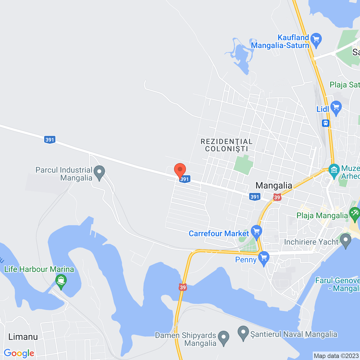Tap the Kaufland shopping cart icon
coord(316,40)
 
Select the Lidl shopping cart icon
coord(336,108)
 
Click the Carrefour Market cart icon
coord(256,232)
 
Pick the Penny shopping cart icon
coord(264,258)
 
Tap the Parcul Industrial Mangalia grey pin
coord(99,172)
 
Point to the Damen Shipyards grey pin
coord(224,337)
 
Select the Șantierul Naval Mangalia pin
coord(243,333)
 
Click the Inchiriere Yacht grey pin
coord(346,241)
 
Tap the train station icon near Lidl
coord(326,123)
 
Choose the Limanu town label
coord(23,337)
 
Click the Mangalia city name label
coord(274,185)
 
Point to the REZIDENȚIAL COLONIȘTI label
coord(227,145)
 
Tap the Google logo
coord(19,353)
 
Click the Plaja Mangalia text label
coord(322,216)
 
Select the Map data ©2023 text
coord(336,356)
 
